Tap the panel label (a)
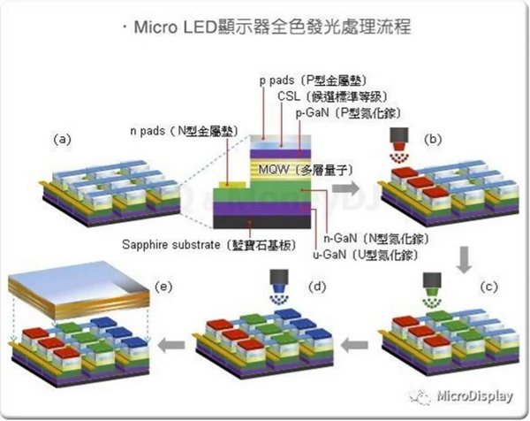62,139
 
